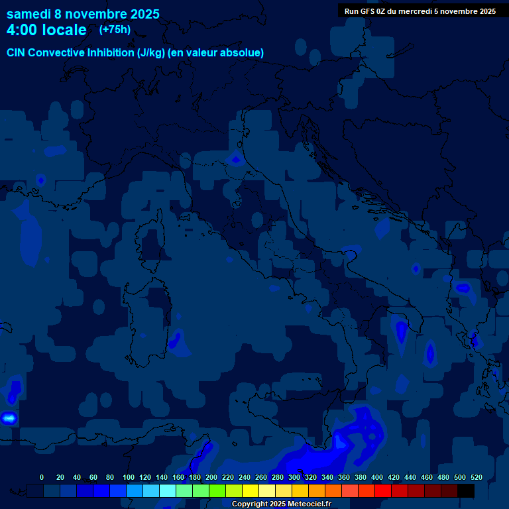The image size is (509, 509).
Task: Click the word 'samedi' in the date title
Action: (30, 14)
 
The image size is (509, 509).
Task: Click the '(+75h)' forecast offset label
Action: (115, 30)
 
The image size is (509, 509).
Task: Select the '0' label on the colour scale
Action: (42, 477)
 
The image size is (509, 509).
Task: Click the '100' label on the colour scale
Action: (129, 477)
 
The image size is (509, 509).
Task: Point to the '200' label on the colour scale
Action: (211, 477)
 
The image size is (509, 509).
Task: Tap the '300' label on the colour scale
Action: (294, 477)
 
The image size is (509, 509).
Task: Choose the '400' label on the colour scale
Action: (377, 477)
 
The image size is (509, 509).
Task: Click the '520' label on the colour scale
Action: (477, 477)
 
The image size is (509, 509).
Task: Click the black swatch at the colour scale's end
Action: (466, 490)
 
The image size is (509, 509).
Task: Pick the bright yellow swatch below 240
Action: (251, 490)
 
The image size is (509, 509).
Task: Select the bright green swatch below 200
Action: (217, 490)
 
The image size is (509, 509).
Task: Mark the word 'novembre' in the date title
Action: (98, 14)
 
